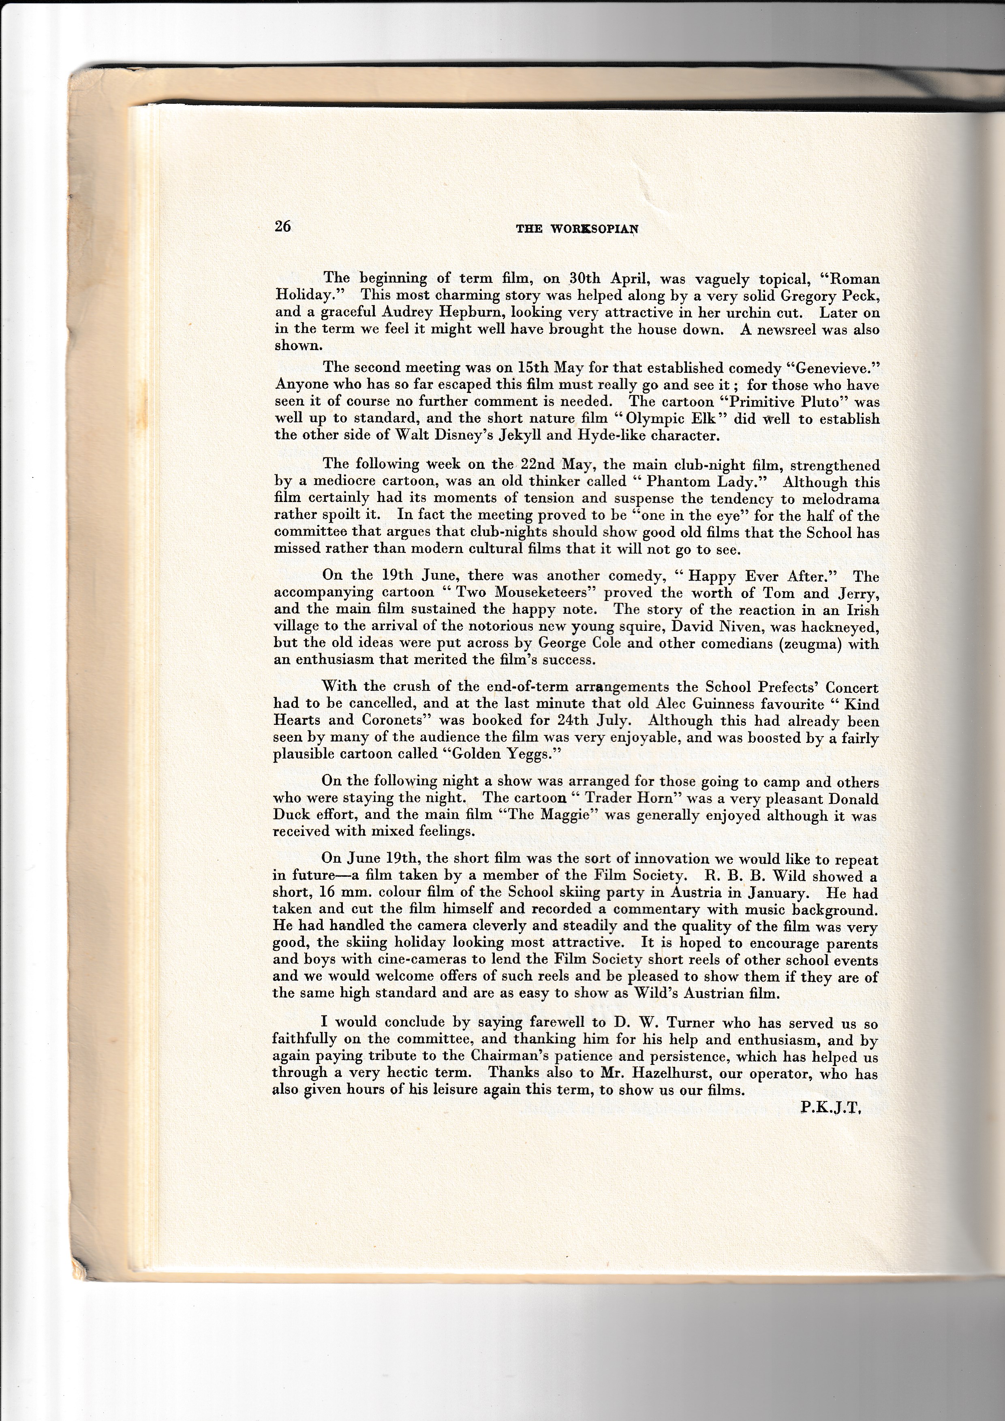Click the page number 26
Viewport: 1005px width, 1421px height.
pyautogui.click(x=283, y=227)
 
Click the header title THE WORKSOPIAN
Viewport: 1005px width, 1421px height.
pyautogui.click(x=577, y=229)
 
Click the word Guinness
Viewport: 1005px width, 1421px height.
pyautogui.click(x=730, y=704)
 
